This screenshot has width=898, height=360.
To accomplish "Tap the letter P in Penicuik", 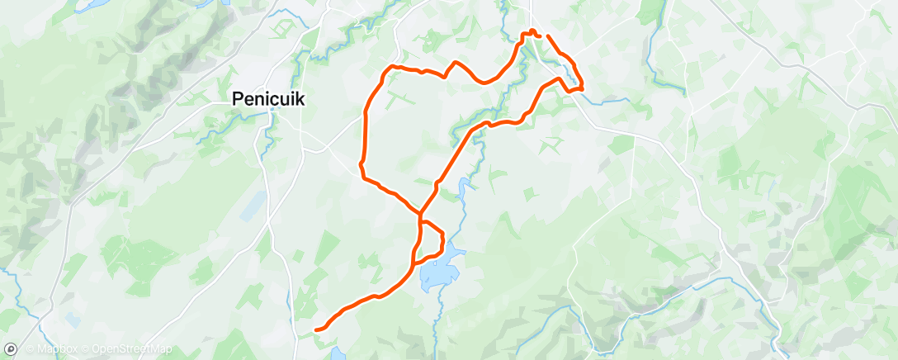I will pos(236,98).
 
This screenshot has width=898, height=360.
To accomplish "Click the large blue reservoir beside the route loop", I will pos(436,271).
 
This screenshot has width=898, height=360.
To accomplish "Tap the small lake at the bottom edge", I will pos(337,354).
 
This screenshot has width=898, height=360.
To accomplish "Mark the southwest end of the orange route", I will pos(317,330).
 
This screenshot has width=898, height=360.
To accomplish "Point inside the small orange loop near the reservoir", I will pos(431,239).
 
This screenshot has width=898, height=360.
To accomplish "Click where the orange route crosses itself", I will pos(420,217).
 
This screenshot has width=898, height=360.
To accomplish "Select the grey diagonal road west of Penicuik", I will pos(157,132).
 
